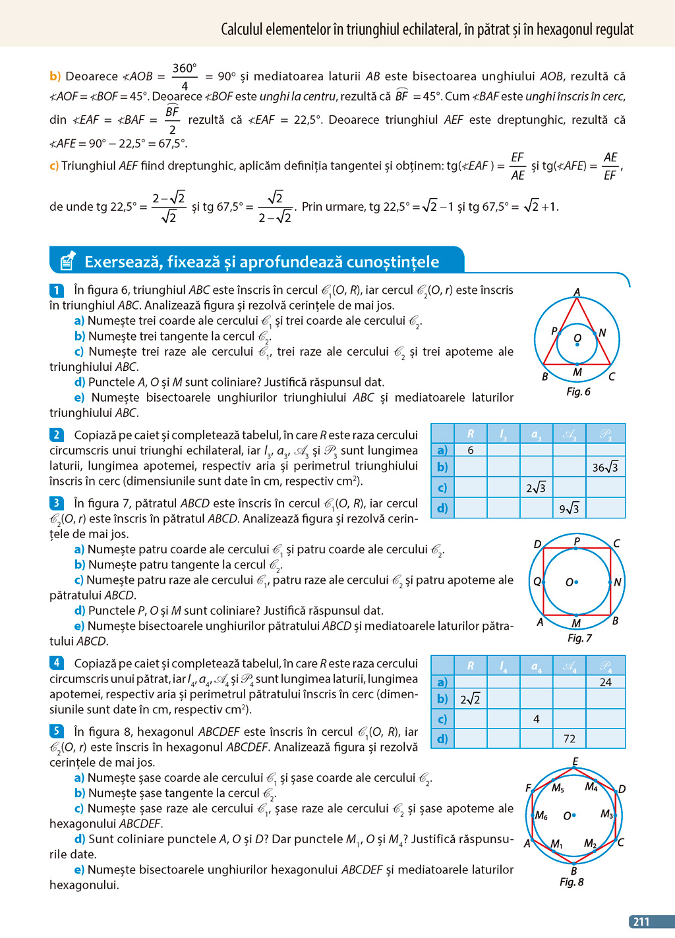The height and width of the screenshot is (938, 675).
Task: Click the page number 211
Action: pos(641,922)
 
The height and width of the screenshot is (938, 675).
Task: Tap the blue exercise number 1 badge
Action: pos(57,290)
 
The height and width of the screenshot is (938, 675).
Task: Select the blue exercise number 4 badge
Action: pos(57,663)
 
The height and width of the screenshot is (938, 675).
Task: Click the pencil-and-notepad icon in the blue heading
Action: pos(67,262)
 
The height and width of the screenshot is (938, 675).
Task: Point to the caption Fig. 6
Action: pos(578,392)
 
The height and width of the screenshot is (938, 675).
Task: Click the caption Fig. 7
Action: pos(579,638)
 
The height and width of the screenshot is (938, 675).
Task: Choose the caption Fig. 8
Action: pos(572,882)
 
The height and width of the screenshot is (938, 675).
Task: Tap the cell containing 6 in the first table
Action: pos(471,450)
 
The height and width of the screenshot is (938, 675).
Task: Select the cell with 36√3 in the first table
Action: pos(605,468)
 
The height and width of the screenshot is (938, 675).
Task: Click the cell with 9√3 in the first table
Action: pos(569,509)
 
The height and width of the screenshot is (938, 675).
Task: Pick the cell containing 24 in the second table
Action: pos(605,682)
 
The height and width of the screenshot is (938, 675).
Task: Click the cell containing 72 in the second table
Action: pos(569,739)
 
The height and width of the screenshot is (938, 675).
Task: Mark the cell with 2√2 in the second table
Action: pos(471,700)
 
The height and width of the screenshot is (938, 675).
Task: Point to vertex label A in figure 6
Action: pos(577,292)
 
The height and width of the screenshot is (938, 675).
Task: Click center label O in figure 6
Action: pos(577,338)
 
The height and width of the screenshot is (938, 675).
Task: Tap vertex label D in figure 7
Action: pos(537,544)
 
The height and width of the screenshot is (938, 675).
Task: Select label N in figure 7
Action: pos(618,582)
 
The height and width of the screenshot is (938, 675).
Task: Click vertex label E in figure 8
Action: pos(575,761)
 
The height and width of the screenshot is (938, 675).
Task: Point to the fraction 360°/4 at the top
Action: pos(185,77)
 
